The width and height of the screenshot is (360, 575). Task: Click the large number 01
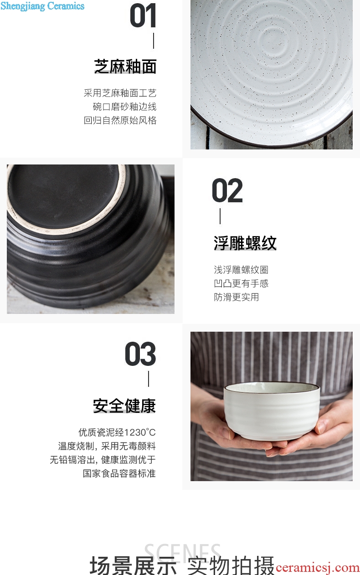(143, 16)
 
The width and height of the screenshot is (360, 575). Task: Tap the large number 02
(227, 190)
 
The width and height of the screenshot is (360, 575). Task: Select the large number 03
(140, 354)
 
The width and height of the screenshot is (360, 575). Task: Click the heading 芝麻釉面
(125, 67)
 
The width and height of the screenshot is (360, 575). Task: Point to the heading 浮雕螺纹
(245, 243)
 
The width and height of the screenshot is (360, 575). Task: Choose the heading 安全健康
(124, 406)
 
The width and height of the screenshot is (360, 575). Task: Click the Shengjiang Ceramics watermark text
(42, 6)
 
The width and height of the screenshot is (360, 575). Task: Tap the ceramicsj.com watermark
(318, 568)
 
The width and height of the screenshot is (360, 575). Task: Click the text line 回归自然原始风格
(120, 120)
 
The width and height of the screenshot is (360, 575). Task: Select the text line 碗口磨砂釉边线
(125, 107)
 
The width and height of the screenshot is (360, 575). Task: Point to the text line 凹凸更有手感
(241, 283)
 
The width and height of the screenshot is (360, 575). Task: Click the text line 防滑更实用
(237, 297)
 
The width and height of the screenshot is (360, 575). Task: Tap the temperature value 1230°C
(141, 432)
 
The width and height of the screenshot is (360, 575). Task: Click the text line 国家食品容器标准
(119, 473)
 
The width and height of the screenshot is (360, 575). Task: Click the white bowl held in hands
(272, 411)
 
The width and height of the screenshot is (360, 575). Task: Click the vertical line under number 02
(220, 216)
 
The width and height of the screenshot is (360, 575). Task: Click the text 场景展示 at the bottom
(134, 565)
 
